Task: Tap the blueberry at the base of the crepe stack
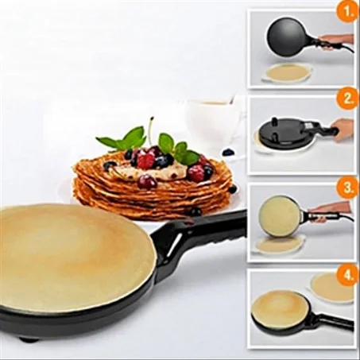pos(196,211)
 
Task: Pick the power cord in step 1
pos(345,48)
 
